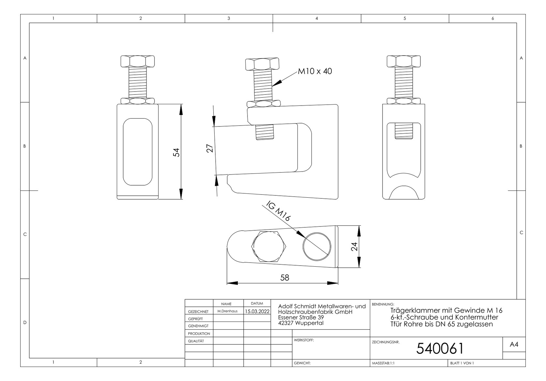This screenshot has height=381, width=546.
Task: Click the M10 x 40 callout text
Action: (x=315, y=71)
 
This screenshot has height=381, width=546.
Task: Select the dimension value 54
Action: (x=176, y=152)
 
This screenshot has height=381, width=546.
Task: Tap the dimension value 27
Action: (x=210, y=148)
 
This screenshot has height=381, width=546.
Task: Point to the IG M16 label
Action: (x=278, y=211)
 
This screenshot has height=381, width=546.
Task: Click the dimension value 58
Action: (x=284, y=278)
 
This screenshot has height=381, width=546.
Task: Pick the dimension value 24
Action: (x=354, y=247)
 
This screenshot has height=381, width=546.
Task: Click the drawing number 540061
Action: (x=440, y=348)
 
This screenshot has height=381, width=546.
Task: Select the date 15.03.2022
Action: (x=257, y=311)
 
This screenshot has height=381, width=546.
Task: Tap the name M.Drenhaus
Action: (x=227, y=311)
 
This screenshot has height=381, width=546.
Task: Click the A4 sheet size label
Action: (x=514, y=344)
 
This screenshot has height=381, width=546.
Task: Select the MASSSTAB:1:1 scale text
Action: (x=384, y=363)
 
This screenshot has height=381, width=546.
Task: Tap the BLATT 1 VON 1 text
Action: (x=462, y=363)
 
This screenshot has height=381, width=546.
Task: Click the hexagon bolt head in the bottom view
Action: (x=269, y=246)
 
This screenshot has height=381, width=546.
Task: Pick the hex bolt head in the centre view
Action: (x=262, y=64)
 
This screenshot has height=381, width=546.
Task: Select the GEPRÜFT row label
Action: (x=195, y=319)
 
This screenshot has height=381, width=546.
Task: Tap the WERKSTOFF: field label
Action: (x=304, y=340)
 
